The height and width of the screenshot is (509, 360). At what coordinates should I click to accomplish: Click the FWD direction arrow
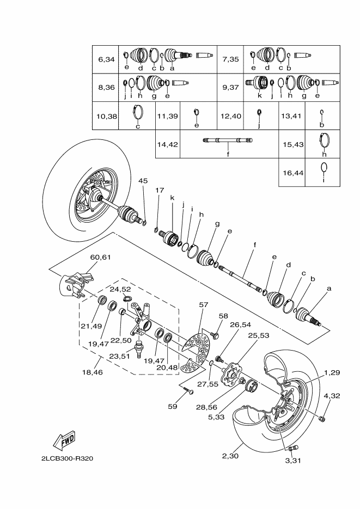coord(64,440)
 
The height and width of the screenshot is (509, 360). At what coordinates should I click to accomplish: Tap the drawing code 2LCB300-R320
coord(67,458)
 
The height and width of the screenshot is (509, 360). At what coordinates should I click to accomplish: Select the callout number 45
coord(143,181)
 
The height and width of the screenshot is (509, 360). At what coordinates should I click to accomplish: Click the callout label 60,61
coord(100,257)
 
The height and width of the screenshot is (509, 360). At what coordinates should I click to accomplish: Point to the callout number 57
coord(204,305)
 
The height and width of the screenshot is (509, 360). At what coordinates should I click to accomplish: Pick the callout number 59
coord(172,406)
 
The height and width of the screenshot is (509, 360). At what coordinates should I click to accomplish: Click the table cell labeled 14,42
coord(168,144)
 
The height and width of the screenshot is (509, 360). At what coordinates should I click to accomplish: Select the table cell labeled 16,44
coord(292,173)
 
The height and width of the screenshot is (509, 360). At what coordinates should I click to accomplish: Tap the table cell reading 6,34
coord(106,59)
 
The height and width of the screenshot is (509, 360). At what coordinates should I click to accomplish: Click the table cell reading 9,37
coord(230,88)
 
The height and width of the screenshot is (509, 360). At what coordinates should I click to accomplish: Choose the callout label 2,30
coord(230,456)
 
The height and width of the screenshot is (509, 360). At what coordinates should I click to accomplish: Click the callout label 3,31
coord(293,461)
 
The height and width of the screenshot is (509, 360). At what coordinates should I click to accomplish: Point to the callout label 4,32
coord(332,396)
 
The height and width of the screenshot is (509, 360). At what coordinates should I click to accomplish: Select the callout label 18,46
coord(93,372)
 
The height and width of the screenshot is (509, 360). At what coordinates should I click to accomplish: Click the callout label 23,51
coord(119,356)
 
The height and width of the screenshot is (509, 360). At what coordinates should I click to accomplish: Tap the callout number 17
coord(160,190)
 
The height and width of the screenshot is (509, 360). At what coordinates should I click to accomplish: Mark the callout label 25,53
coord(259,335)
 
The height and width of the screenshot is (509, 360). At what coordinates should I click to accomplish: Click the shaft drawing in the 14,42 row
coord(228,140)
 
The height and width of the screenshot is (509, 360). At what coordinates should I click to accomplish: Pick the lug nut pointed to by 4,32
coord(322,418)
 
